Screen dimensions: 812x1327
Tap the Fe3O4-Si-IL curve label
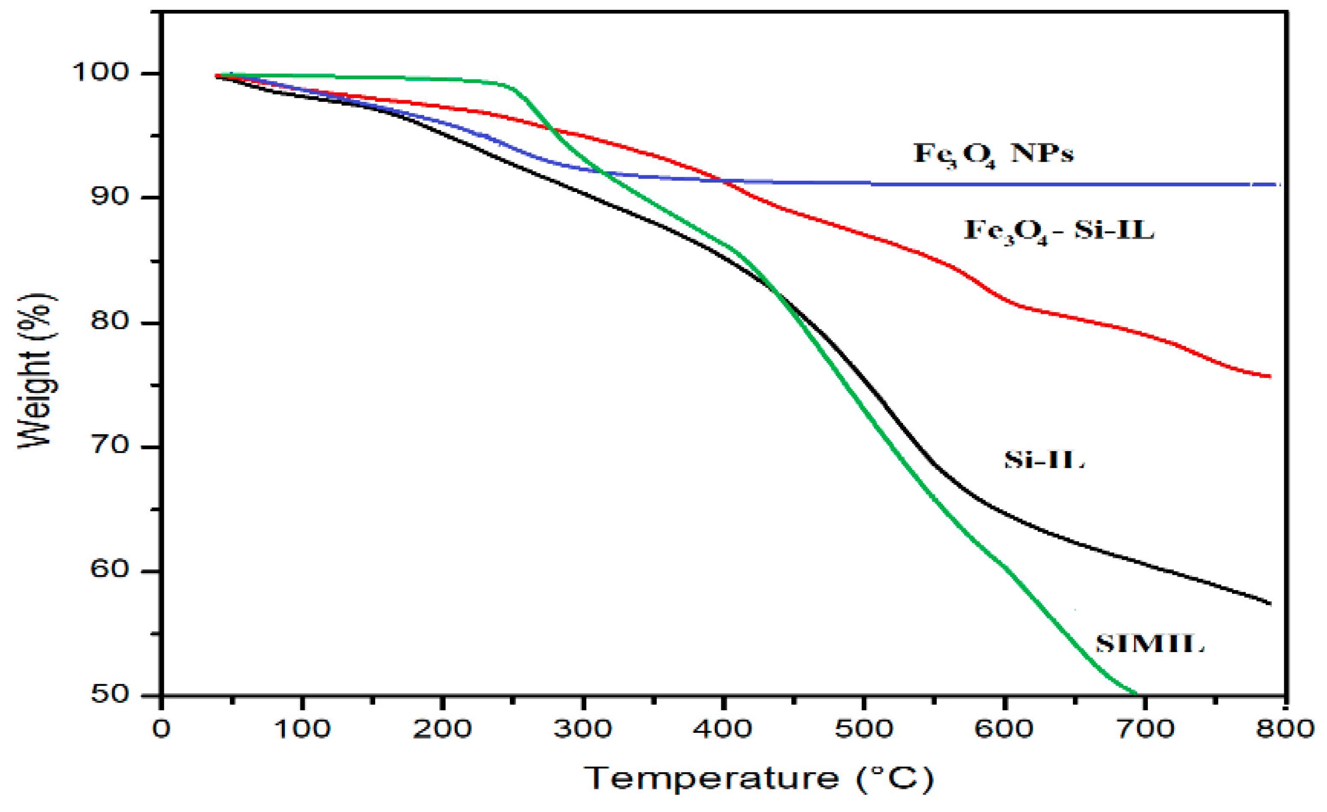pyautogui.click(x=1059, y=231)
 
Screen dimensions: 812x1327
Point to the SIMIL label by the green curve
pyautogui.click(x=1149, y=644)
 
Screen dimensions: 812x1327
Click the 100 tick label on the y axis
pyautogui.click(x=101, y=73)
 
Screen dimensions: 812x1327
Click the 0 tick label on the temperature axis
pyautogui.click(x=161, y=729)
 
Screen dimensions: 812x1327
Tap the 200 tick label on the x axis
pyautogui.click(x=442, y=729)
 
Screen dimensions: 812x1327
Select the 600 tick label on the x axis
pyautogui.click(x=1004, y=729)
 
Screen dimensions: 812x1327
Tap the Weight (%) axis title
pyautogui.click(x=37, y=372)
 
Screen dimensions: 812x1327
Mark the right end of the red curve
pyautogui.click(x=1270, y=377)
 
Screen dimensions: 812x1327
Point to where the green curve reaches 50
pyautogui.click(x=1135, y=694)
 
